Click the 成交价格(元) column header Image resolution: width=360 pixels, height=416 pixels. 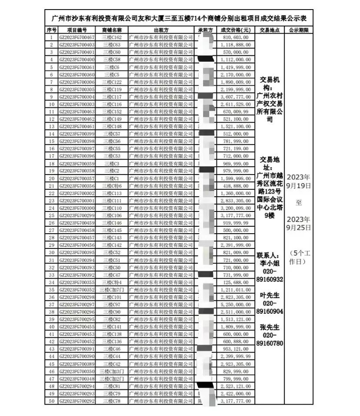235,30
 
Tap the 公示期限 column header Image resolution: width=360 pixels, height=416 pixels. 298,30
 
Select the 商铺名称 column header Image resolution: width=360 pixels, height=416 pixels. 112,30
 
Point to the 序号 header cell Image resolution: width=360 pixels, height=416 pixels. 51,30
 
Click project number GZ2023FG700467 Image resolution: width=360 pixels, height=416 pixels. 77,37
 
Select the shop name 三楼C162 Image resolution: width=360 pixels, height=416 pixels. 112,37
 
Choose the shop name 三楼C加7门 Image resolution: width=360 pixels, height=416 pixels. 112,289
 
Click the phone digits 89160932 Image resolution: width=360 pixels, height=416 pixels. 270,279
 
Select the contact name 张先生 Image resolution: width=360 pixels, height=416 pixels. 270,326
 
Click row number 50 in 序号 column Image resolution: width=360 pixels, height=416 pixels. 51,400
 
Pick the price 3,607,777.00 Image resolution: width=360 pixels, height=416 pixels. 235,97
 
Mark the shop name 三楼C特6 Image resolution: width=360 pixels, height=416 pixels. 112,186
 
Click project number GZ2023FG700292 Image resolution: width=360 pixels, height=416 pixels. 77,400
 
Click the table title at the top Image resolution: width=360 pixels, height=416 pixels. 179,18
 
